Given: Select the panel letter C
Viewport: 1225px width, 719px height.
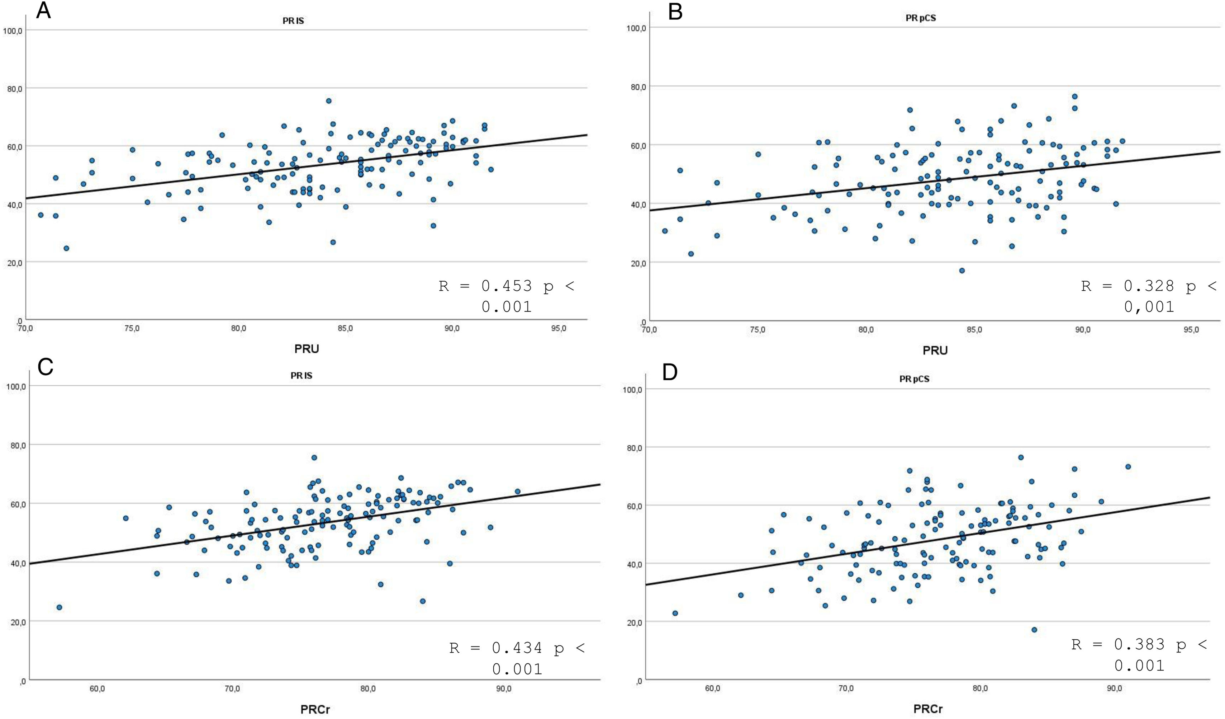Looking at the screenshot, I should tap(45, 368).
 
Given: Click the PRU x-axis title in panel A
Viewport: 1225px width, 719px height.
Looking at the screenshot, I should tap(307, 349).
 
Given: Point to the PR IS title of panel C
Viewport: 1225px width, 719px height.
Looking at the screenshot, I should tap(301, 376).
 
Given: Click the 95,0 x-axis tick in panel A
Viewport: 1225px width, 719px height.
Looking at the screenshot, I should tap(559, 328).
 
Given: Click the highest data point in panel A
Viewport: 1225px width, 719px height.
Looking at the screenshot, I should tap(329, 101).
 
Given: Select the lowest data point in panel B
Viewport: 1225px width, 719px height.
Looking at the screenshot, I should tap(962, 271).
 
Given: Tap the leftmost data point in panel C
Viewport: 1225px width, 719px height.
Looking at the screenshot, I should tap(59, 607).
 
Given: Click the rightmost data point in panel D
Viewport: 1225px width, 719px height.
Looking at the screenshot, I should tap(1128, 466).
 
